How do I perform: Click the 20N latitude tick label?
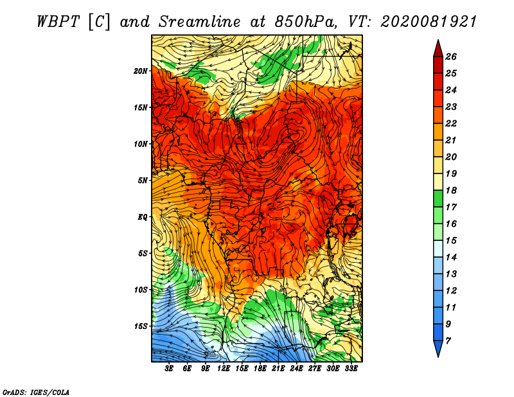[141, 71]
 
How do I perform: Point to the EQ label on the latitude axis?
[143, 217]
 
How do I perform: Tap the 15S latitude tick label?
[141, 326]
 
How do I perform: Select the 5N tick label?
[143, 181]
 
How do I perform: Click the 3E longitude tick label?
[169, 369]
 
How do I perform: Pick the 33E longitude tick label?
[351, 369]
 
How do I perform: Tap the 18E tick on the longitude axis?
[260, 369]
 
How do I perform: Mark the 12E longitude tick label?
[224, 369]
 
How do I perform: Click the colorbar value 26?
[451, 57]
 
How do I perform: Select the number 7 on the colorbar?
[448, 341]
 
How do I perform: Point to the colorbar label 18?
[451, 190]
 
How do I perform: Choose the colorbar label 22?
[451, 123]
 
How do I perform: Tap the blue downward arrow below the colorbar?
[438, 348]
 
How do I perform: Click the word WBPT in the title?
[58, 22]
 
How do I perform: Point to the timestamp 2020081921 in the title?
[429, 22]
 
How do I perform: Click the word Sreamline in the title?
[200, 22]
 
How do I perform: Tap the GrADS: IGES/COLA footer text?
[36, 393]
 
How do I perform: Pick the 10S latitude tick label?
[141, 290]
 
